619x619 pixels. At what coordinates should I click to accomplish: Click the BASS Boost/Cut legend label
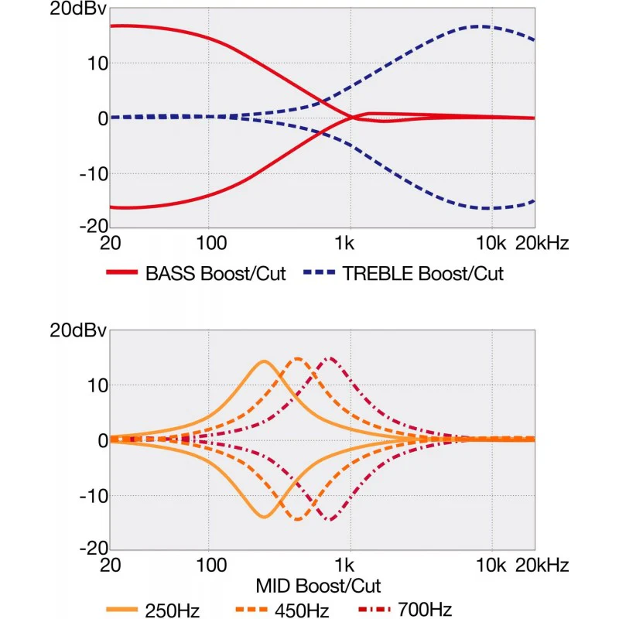pos(216,273)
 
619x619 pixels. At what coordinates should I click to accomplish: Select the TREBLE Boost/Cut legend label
pos(422,273)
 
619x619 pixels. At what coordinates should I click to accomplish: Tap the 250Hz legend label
pos(172,610)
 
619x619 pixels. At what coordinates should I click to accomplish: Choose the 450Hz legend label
pos(302,610)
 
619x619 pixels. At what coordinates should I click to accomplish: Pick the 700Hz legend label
pos(425,610)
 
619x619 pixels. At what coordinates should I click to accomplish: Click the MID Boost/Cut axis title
pos(318,586)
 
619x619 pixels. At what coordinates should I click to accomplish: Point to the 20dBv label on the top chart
pos(78,9)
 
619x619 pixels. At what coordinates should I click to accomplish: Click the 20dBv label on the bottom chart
pos(78,330)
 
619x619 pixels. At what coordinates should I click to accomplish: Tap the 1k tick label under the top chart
pos(344,243)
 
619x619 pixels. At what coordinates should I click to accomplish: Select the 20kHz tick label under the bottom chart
pos(542,566)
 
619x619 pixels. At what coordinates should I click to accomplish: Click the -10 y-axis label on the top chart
pos(94,173)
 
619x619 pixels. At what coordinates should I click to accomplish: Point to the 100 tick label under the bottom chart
pos(211,566)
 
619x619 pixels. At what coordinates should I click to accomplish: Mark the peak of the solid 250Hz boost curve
pos(264,361)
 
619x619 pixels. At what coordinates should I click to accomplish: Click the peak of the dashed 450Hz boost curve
pos(298,359)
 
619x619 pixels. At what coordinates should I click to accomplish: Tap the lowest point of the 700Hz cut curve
pos(331,519)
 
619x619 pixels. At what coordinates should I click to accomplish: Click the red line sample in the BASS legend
pos(122,272)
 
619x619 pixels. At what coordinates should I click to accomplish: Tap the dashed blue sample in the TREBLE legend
pos(319,272)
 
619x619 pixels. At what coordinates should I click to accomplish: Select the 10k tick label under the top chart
pos(491,243)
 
